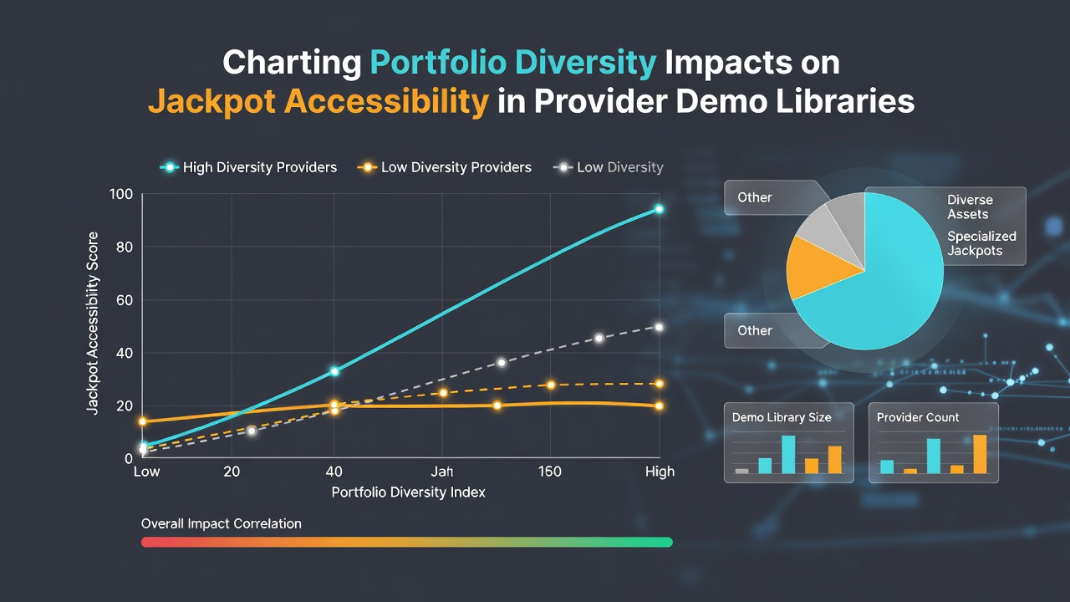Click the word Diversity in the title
[x=586, y=63]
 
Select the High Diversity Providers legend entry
[x=248, y=167]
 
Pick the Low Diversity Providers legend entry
[x=444, y=167]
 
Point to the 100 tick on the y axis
[x=121, y=194]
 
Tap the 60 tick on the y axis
[x=125, y=300]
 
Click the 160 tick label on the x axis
[x=549, y=472]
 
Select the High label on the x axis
[x=660, y=472]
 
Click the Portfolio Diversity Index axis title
[x=409, y=492]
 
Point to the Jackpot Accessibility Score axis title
[x=92, y=323]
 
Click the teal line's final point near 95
[x=660, y=209]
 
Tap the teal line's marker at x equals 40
[x=334, y=371]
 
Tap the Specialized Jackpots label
[x=981, y=243]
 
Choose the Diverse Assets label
[x=970, y=207]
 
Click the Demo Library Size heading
[x=782, y=417]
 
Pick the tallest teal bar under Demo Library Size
[x=788, y=454]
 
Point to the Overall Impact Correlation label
[x=222, y=523]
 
